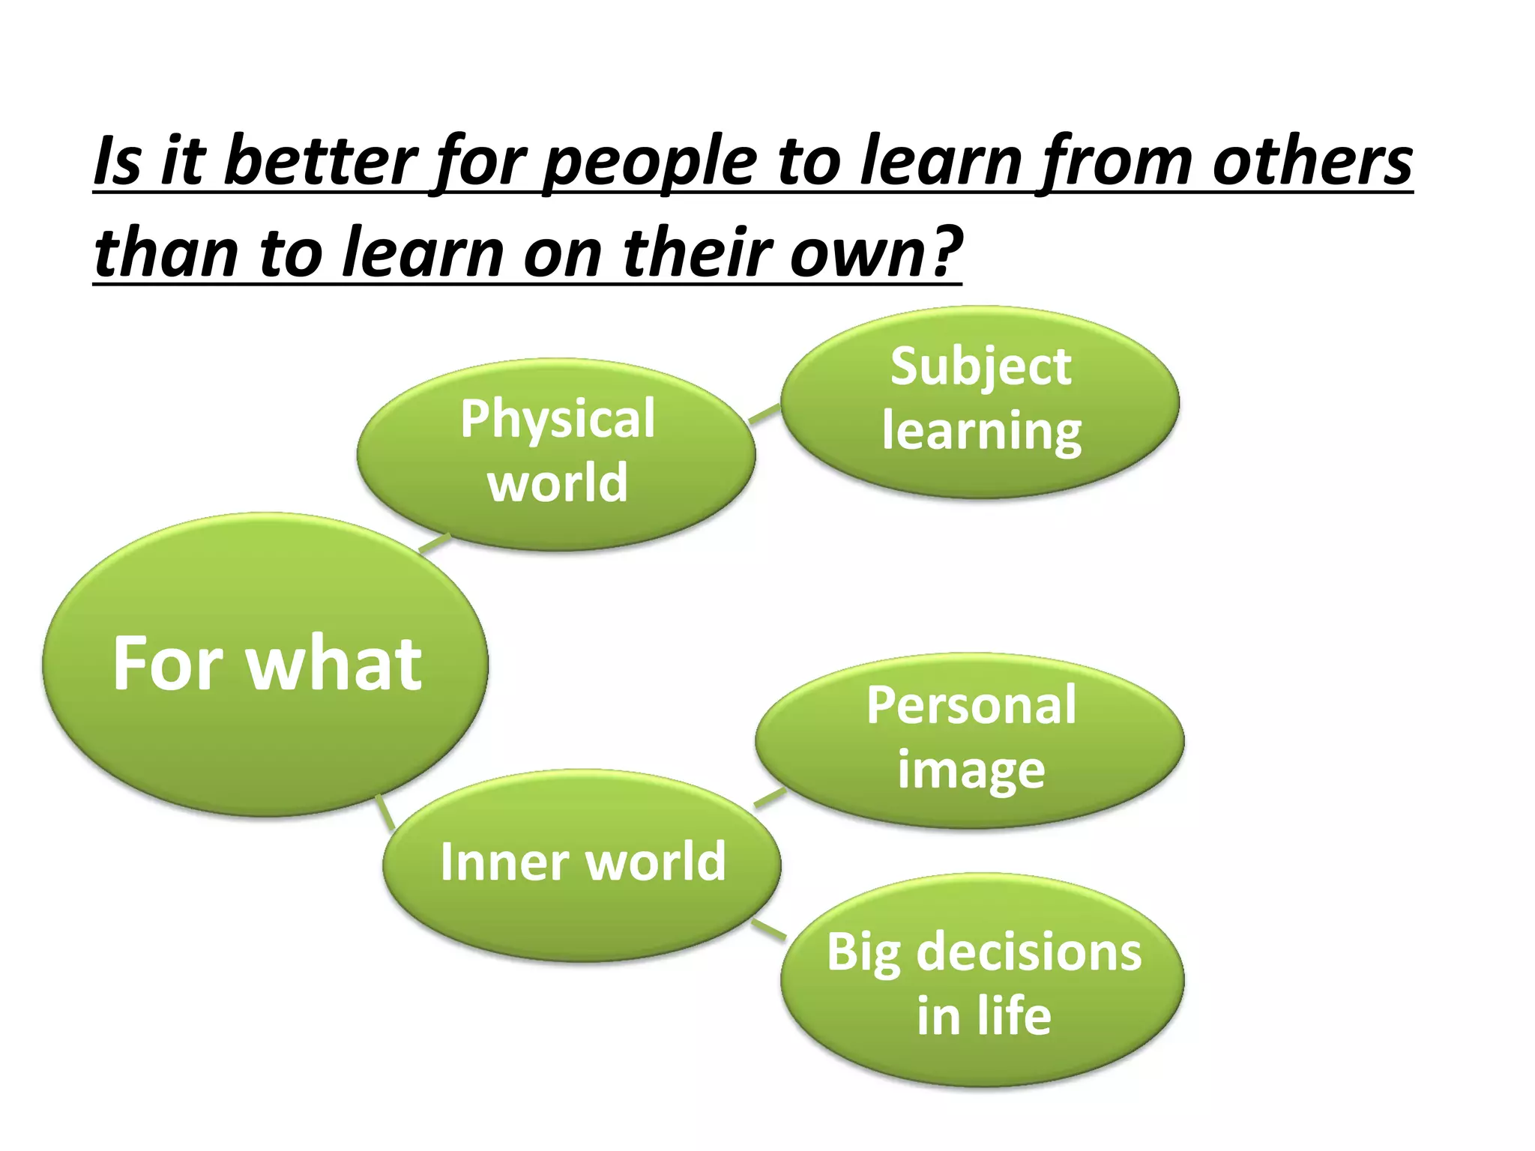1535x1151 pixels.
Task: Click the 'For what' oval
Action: coord(266,664)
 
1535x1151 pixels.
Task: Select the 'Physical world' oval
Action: coord(556,453)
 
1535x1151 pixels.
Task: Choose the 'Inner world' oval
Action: coord(582,863)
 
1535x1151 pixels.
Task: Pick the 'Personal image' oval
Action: coord(970,740)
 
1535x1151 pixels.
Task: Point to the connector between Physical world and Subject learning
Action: coord(765,414)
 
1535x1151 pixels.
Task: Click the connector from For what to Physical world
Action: coord(435,543)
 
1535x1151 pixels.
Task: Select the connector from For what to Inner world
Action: coord(385,812)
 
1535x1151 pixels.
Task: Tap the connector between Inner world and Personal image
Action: coord(770,798)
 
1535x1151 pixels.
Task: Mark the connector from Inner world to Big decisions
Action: coord(769,928)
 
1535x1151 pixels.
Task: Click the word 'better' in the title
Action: coord(320,162)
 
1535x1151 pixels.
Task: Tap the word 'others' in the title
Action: coord(1312,162)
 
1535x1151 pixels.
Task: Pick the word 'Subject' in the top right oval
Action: coord(980,367)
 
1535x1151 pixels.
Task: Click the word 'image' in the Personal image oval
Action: coord(971,770)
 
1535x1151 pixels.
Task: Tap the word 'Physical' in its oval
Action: coord(558,420)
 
